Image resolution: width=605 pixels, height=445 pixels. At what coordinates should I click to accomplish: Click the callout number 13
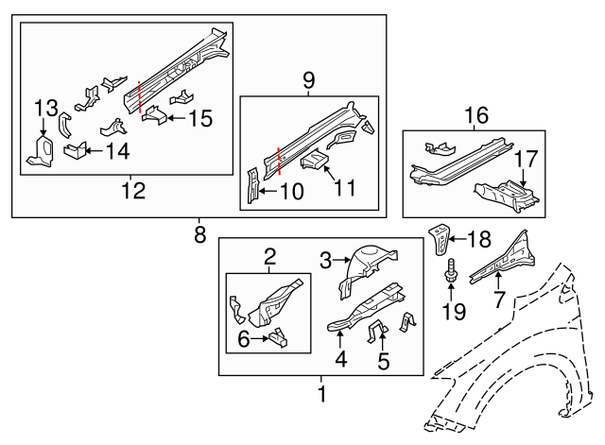coord(45,109)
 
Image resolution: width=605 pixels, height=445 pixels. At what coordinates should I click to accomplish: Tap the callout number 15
coord(199,119)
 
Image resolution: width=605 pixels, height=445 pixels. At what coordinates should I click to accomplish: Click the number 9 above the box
coord(308,82)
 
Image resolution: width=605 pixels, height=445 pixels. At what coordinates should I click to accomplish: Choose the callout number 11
coord(344,188)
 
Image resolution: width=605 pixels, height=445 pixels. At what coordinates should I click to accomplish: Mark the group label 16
coord(476,115)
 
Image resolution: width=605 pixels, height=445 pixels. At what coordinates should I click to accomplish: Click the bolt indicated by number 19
coord(449,274)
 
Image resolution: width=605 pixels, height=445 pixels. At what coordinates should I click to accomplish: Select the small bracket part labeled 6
coord(277,334)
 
